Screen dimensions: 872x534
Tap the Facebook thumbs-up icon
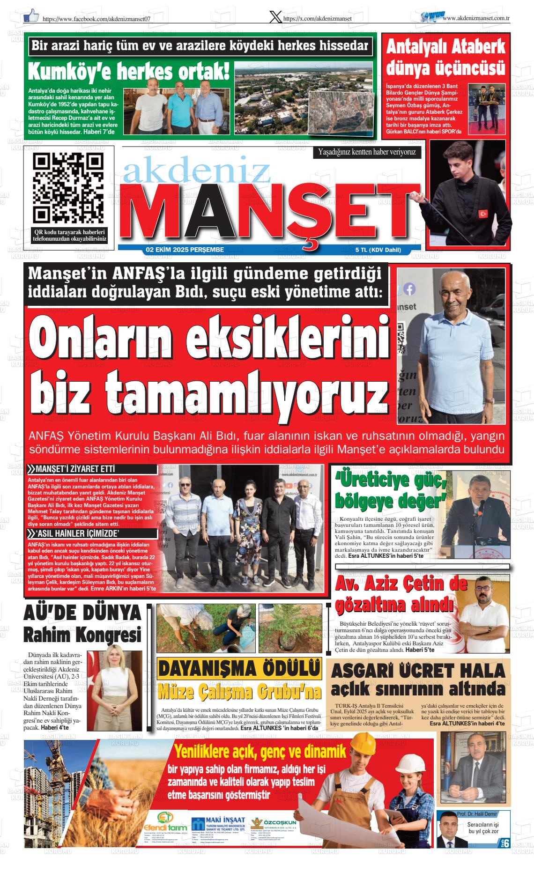(31, 15)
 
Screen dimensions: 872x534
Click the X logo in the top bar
(276, 17)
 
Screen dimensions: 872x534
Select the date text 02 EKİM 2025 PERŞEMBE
(185, 250)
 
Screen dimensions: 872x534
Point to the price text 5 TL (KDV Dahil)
(378, 250)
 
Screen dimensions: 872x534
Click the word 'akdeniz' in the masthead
(197, 172)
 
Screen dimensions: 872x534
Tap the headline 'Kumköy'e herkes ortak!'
(129, 71)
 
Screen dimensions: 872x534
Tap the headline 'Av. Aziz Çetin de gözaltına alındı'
(400, 594)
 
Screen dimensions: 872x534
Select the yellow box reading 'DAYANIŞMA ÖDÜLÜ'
(239, 669)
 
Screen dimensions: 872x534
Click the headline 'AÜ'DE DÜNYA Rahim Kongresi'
(82, 624)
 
